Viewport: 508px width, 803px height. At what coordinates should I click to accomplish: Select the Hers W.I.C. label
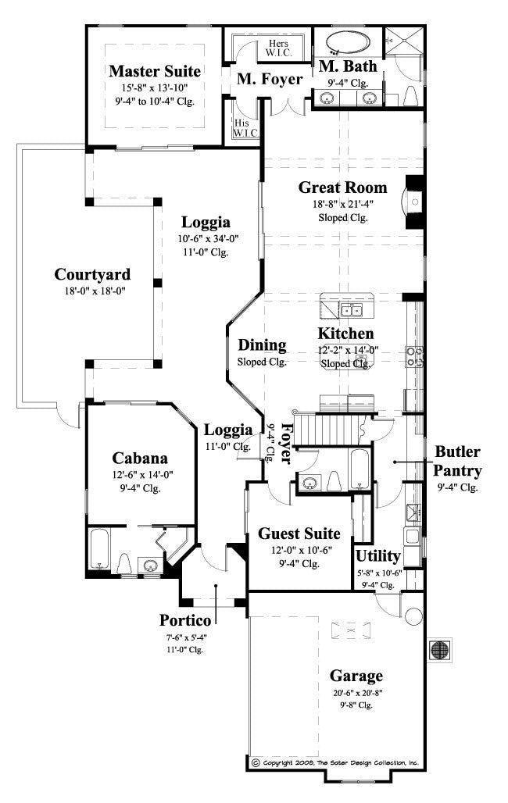tap(278, 49)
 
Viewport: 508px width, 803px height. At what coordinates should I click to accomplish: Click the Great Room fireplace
tap(413, 202)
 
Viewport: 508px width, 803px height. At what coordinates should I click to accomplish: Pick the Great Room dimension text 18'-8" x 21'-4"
tap(342, 204)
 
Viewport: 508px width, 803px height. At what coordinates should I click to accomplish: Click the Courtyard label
tap(92, 275)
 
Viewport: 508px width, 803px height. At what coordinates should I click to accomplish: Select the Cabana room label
tap(139, 458)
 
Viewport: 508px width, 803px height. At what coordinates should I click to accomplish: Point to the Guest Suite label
tap(299, 534)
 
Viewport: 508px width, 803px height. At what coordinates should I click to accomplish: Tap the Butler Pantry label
tap(458, 462)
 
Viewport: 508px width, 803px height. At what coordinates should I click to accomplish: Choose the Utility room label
tap(378, 556)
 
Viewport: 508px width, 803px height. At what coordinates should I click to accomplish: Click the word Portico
tap(185, 620)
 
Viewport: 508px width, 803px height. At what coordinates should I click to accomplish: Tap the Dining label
tap(262, 345)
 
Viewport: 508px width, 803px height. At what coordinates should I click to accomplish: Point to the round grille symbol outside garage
tap(439, 649)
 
